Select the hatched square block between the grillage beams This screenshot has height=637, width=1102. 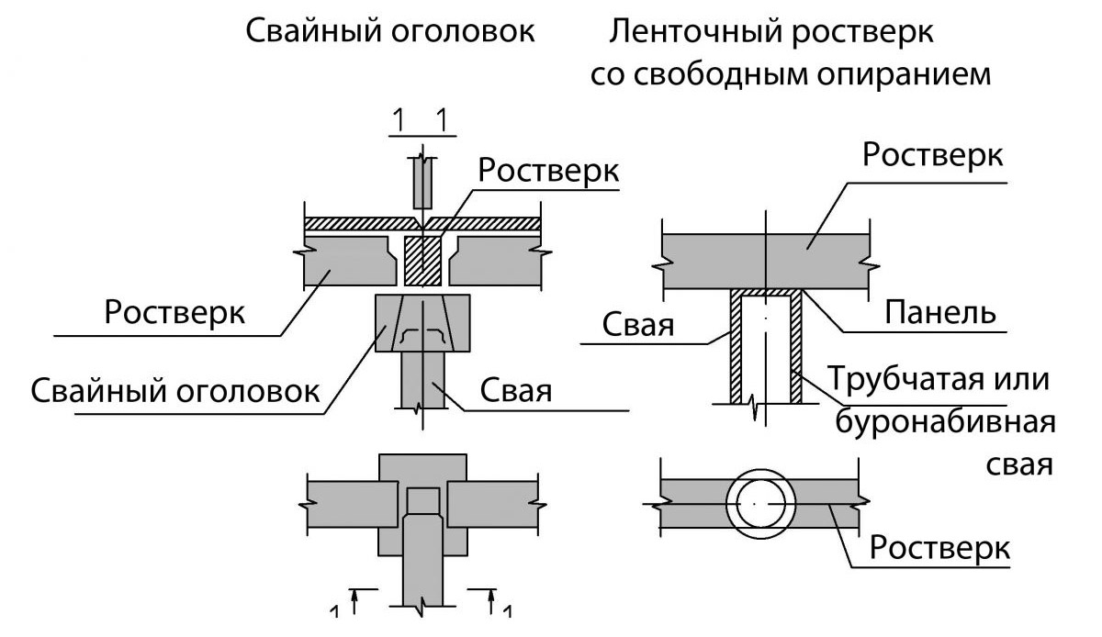pyautogui.click(x=423, y=261)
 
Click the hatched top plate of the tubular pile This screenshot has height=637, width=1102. pyautogui.click(x=766, y=293)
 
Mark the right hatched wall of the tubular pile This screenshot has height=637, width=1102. pyautogui.click(x=796, y=349)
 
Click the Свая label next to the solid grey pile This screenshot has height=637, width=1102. pyautogui.click(x=514, y=391)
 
